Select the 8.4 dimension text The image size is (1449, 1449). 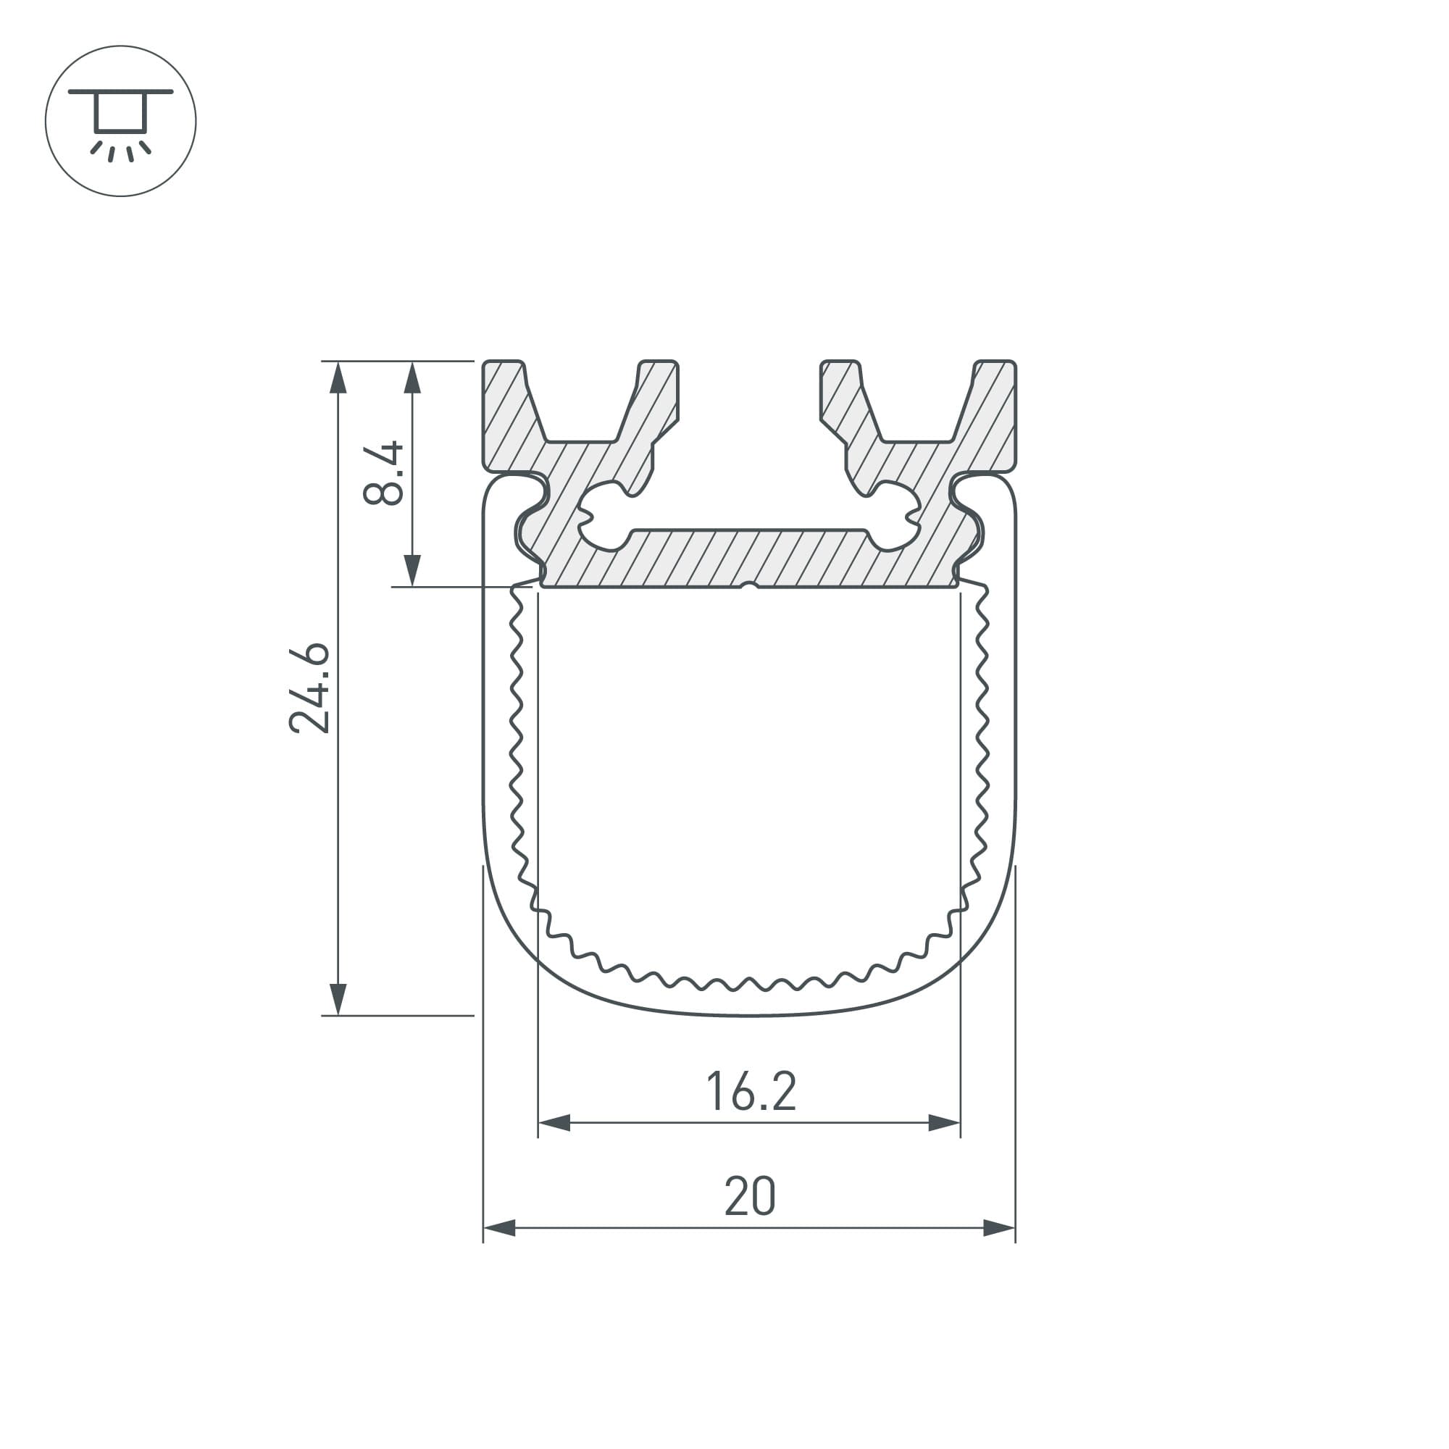coord(383,473)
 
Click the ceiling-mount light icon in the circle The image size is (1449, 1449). coord(121,121)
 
